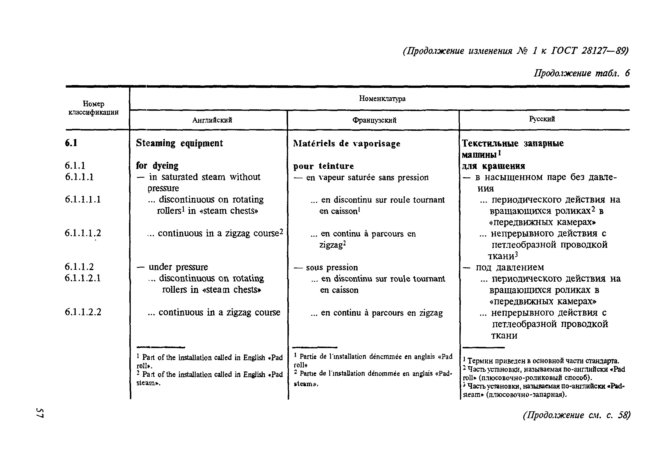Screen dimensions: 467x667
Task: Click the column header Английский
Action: tap(212, 120)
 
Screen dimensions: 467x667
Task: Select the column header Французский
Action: tap(374, 120)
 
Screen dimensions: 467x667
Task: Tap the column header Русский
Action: tap(542, 119)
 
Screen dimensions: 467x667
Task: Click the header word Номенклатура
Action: tap(382, 99)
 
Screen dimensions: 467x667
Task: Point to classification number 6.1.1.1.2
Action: tap(83, 233)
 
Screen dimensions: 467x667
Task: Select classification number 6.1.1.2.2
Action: tap(83, 312)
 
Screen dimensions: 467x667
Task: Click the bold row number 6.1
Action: tap(71, 143)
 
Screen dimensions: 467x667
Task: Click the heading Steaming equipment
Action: tap(179, 143)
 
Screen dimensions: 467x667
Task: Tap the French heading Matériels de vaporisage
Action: tap(346, 144)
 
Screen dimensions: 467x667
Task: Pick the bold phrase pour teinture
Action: tap(323, 166)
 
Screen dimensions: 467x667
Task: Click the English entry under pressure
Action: tap(178, 267)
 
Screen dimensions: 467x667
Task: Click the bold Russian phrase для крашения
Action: tap(494, 166)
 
